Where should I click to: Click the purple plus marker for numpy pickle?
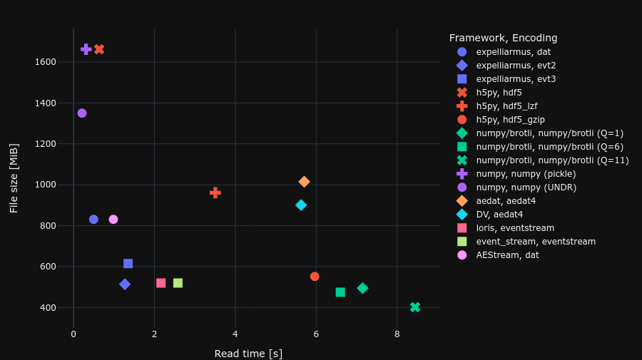pos(86,49)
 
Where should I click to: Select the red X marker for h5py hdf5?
pos(99,49)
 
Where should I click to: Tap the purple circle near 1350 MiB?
pos(82,113)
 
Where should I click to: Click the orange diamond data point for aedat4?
pos(304,182)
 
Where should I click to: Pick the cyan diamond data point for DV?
pos(301,205)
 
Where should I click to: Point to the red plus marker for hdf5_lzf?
pos(215,192)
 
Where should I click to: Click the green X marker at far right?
pos(415,307)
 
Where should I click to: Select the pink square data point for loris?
pos(161,283)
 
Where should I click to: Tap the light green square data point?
pos(178,283)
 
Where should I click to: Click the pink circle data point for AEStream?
pos(113,220)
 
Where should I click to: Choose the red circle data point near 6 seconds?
pos(315,277)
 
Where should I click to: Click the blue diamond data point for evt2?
pos(125,284)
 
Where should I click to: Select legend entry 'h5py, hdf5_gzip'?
pos(510,120)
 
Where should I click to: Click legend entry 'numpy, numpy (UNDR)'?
pos(526,187)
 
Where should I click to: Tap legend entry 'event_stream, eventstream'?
pos(536,242)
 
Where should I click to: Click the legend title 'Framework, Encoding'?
pos(503,38)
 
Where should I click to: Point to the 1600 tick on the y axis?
pos(45,62)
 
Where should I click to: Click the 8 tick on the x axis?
pos(397,334)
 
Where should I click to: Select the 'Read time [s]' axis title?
pos(248,354)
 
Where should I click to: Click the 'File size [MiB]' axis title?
pos(14,178)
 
